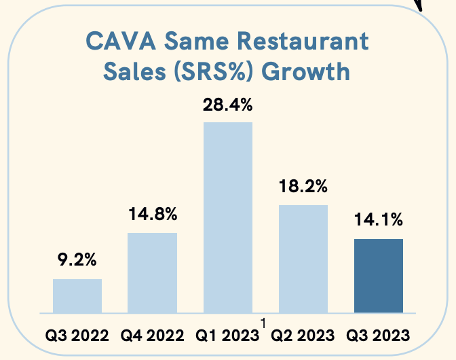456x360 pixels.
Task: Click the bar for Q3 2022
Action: coord(77,296)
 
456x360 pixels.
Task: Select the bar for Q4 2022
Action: coord(153,273)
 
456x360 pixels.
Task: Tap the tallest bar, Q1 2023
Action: coord(227,217)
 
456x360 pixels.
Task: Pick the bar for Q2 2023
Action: coord(303,259)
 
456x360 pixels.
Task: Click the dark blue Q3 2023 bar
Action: coord(378,276)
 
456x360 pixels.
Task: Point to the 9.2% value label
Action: coord(77,259)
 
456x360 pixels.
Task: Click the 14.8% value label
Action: coord(153,214)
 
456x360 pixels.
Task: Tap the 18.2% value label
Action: coord(303,186)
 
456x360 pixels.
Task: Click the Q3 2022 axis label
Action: coord(77,336)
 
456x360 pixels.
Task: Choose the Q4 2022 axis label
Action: coord(152,336)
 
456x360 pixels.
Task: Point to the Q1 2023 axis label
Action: coord(227,336)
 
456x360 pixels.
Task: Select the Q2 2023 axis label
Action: coord(303,336)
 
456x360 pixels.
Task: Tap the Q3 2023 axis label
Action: coord(378,336)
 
